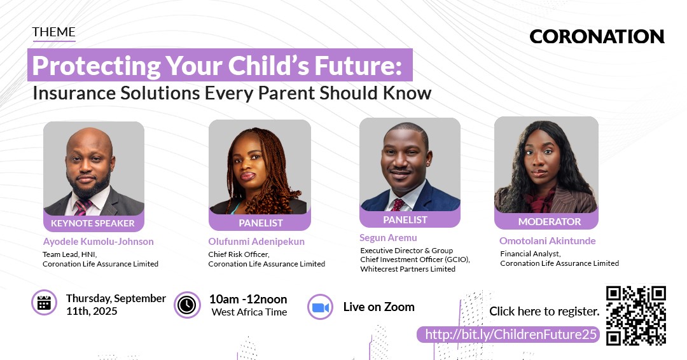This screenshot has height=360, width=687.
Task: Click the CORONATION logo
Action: (597, 37)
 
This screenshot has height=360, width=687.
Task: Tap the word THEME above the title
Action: (53, 32)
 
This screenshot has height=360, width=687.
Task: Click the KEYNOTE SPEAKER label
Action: (93, 223)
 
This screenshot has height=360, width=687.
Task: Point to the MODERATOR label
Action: (550, 221)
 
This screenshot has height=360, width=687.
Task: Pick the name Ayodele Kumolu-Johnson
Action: (98, 241)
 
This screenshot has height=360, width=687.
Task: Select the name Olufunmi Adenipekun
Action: (256, 241)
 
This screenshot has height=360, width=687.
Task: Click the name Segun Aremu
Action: (388, 238)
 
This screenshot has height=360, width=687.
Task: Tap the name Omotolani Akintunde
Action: (547, 241)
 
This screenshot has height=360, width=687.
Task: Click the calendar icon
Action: (45, 303)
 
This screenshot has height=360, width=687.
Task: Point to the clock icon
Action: (187, 305)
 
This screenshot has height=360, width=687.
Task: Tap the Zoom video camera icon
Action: (320, 307)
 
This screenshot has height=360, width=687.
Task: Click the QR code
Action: (636, 315)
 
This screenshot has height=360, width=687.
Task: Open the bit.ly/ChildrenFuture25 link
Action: (511, 335)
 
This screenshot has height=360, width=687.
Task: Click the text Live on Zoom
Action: (379, 307)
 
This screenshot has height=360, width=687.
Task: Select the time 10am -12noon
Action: (248, 300)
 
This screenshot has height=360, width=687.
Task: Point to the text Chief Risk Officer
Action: (239, 254)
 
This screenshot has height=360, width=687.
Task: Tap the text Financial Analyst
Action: (531, 254)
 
